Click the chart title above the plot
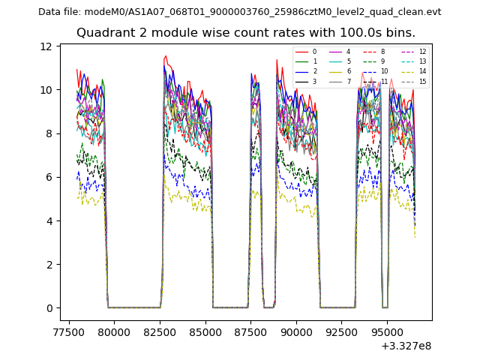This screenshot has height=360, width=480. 245,33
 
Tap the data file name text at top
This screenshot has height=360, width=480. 239,12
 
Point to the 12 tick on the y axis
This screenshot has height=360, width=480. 46,46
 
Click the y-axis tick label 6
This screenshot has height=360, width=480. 49,178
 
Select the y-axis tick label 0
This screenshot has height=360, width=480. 49,308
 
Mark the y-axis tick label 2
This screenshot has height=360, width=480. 49,265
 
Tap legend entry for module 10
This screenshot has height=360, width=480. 384,72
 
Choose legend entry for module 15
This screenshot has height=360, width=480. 422,82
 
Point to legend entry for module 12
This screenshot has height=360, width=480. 422,52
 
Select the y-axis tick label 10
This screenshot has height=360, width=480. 46,90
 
